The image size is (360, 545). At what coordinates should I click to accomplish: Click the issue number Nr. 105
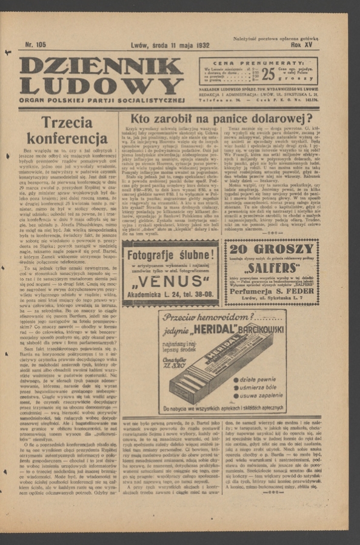click(36, 44)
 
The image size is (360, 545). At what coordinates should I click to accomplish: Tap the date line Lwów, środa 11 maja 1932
click(170, 45)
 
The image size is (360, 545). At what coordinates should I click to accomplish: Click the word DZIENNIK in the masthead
click(101, 65)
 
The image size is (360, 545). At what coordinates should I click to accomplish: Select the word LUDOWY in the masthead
click(101, 85)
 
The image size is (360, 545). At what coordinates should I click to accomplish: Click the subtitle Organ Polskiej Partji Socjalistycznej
click(101, 99)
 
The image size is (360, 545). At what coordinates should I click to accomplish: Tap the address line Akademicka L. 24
click(170, 296)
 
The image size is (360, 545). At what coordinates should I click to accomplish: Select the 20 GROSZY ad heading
click(272, 249)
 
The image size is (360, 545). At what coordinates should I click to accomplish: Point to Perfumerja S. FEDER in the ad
click(272, 292)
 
